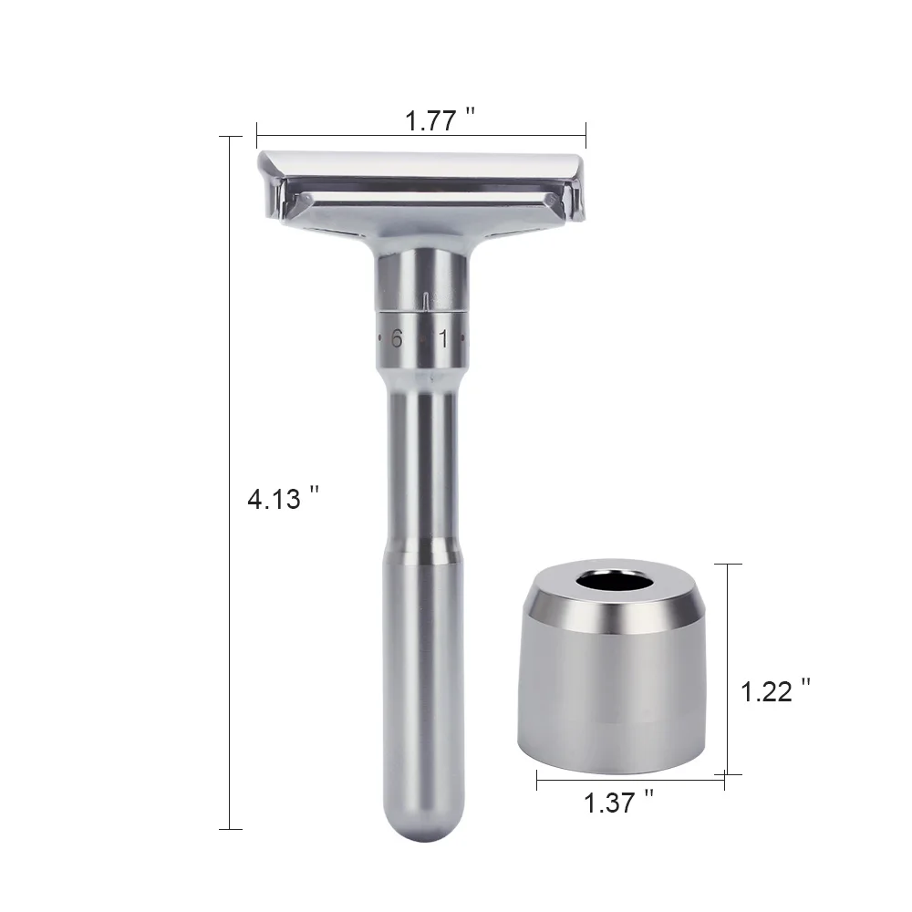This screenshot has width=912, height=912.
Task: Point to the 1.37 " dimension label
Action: click(619, 803)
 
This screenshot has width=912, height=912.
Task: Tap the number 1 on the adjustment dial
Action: click(444, 339)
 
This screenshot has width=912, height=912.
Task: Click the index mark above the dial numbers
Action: click(426, 298)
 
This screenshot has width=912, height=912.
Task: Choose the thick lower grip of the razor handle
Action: click(417, 675)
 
